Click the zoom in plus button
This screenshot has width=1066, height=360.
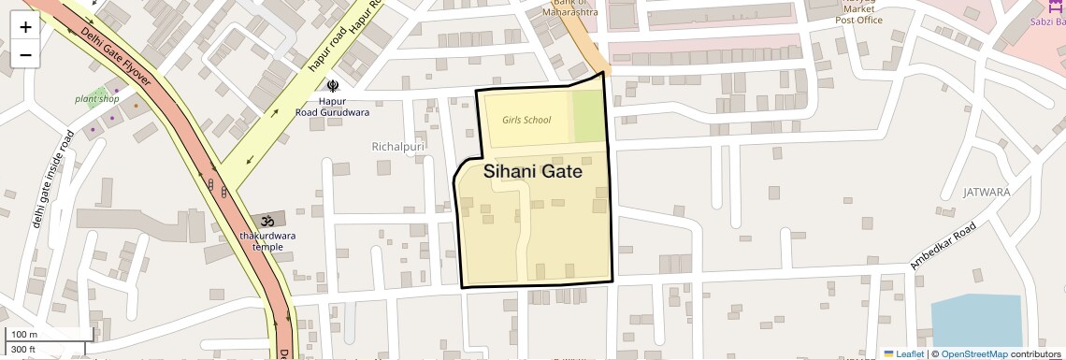(x=25, y=27)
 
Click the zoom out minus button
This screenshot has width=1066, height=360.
(x=25, y=55)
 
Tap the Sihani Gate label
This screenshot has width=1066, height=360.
(x=533, y=172)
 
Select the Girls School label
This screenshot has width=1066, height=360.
(x=526, y=120)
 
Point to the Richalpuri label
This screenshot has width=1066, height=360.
(x=398, y=147)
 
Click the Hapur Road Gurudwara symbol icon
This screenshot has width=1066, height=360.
(x=332, y=86)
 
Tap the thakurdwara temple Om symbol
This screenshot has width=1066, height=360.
(x=267, y=221)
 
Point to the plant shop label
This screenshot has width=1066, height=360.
(x=97, y=98)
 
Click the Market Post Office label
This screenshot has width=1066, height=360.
(x=858, y=14)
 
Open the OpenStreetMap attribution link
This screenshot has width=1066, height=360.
(x=973, y=353)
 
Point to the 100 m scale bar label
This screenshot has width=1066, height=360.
(x=23, y=334)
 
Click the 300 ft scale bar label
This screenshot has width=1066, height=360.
(x=23, y=349)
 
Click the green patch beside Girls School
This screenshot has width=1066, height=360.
(x=587, y=117)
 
